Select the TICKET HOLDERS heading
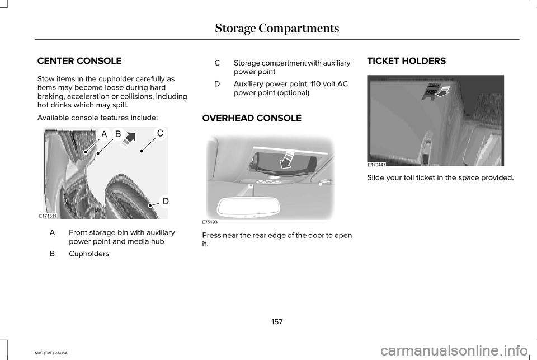tap(406, 60)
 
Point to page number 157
tap(276, 321)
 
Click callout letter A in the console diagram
tap(103, 134)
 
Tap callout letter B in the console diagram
tap(117, 134)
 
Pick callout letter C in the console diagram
tap(159, 133)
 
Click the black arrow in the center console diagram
tap(130, 138)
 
